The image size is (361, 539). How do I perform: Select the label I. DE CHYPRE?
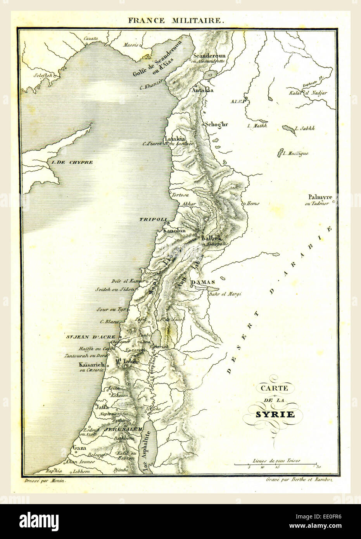pyautogui.click(x=70, y=162)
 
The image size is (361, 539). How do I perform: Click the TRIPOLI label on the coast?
pyautogui.click(x=153, y=219)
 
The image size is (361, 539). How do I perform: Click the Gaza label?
pyautogui.click(x=78, y=448)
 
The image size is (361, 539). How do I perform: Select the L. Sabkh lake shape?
pyautogui.click(x=288, y=129)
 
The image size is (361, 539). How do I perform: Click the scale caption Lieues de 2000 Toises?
pyautogui.click(x=276, y=461)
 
